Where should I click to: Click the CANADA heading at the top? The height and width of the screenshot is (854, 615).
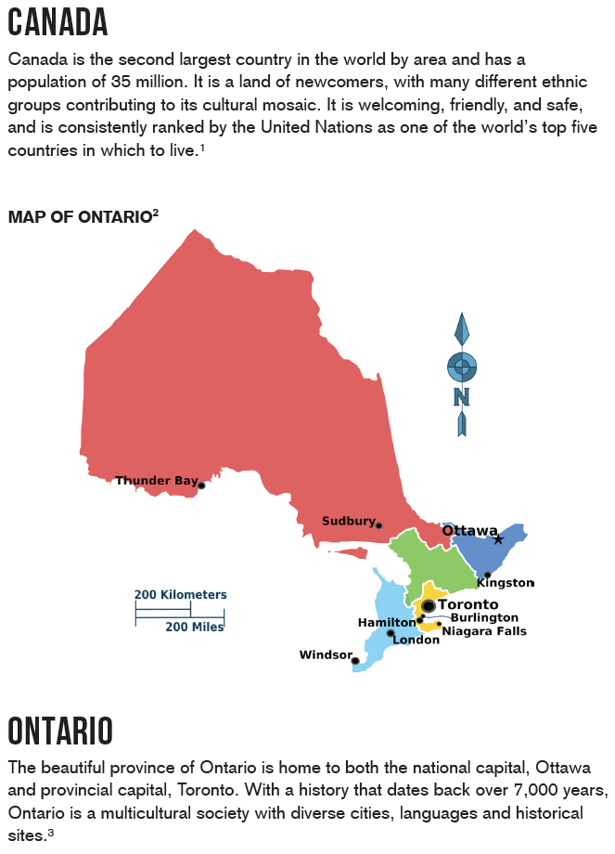[x=58, y=22]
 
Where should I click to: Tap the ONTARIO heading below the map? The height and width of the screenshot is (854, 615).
[x=61, y=731]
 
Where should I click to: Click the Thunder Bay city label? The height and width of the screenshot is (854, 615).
[x=156, y=481]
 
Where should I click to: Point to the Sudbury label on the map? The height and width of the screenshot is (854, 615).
[x=348, y=522]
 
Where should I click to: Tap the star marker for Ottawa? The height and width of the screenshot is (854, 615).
[x=498, y=539]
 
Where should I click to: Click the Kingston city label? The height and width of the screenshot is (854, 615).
[x=506, y=583]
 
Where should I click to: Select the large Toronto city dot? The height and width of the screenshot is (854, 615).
[x=429, y=606]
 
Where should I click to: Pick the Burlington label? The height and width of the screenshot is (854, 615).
[x=484, y=617]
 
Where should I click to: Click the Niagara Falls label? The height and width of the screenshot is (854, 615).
[x=484, y=631]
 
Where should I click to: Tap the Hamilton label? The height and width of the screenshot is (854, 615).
[x=386, y=622]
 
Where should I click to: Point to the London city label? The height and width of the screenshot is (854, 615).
[x=416, y=640]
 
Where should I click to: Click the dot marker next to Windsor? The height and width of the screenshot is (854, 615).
[x=355, y=661]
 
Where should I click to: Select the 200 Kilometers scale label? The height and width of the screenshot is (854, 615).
[x=180, y=595]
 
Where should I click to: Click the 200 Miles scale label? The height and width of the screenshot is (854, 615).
[x=195, y=628]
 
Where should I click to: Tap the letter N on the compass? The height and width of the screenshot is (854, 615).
[x=461, y=396]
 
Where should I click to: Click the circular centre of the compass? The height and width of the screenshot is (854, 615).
[x=462, y=367]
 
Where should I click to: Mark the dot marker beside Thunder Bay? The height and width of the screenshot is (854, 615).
[x=201, y=485]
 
